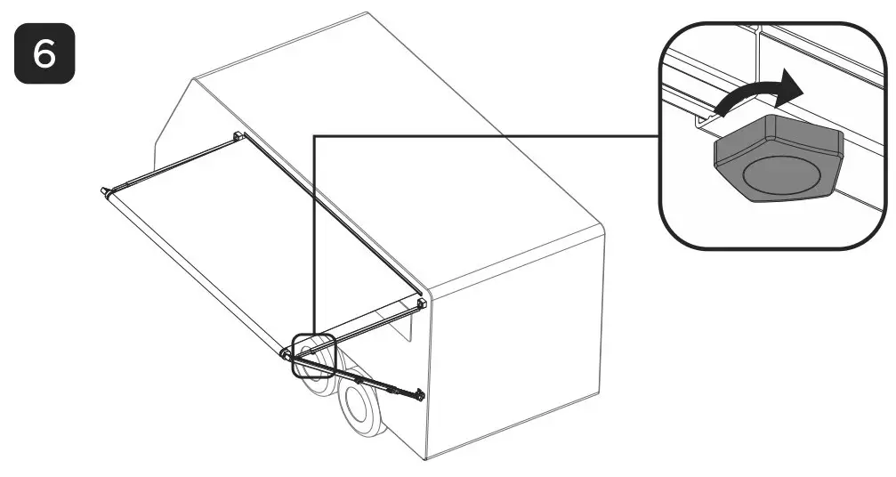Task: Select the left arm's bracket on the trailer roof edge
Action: (238, 136)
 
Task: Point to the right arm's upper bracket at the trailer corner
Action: (422, 303)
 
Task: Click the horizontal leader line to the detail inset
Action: (489, 135)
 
